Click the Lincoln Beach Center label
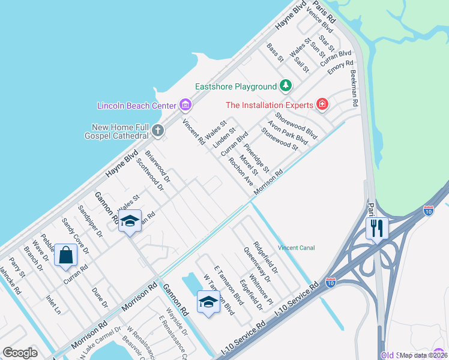coord(137,106)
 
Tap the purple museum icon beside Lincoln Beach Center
coord(185,106)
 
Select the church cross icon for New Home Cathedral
coord(157,130)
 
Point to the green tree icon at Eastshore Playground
coord(286,87)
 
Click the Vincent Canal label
coord(296,248)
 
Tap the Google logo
coord(20,353)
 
